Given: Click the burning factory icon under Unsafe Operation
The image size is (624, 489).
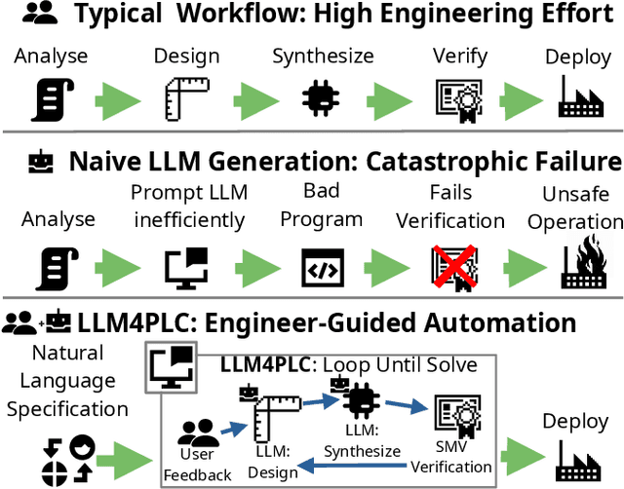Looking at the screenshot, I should point(582,265).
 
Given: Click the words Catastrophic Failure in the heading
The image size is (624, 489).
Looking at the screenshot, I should point(501,160).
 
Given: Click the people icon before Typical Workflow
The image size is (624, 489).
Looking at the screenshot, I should point(37,14).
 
